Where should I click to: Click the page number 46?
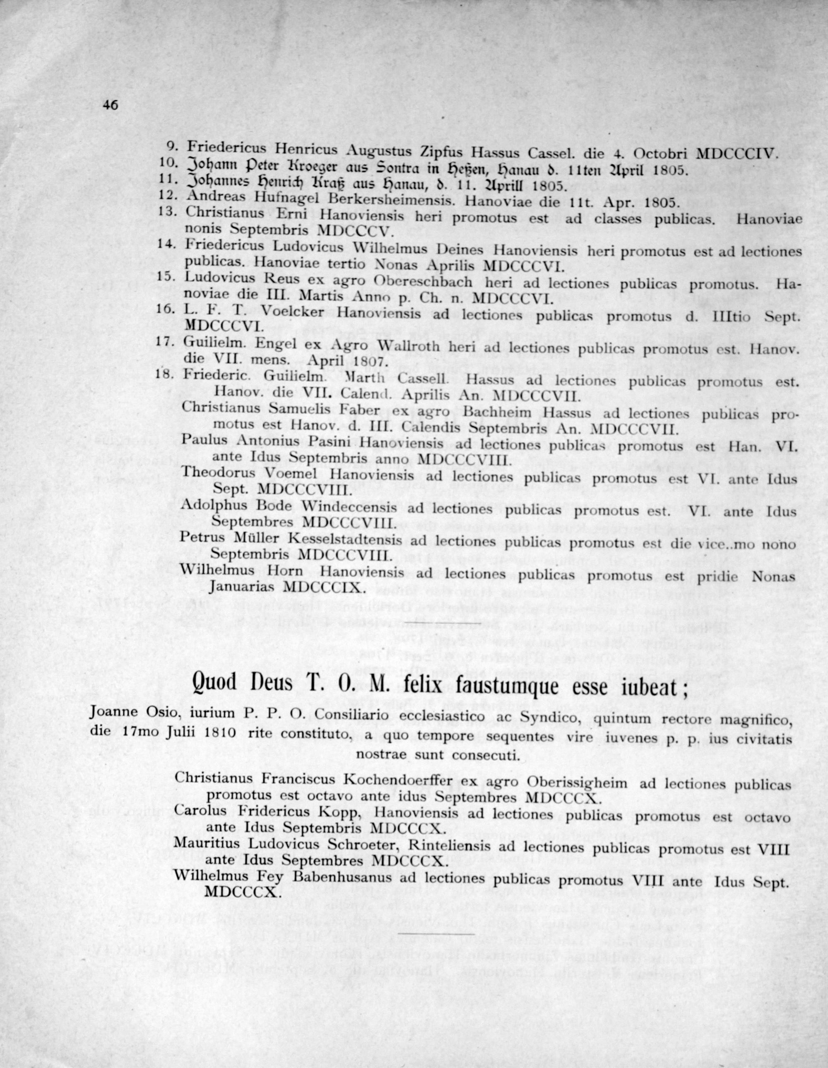coord(111,105)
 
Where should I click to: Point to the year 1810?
coord(217,733)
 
